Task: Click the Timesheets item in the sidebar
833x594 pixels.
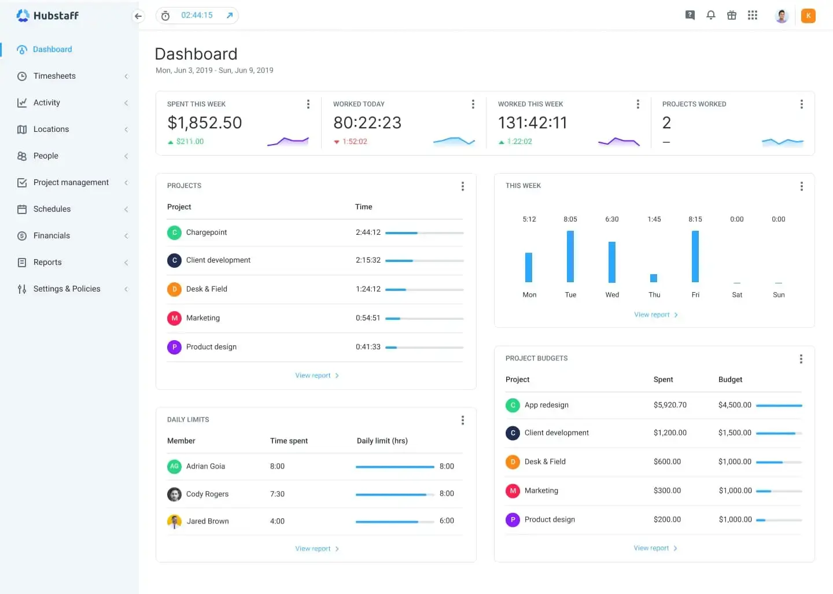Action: pos(54,76)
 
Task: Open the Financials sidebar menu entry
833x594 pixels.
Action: pos(51,235)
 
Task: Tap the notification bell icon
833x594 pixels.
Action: pos(711,16)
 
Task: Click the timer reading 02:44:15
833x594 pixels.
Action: pos(197,16)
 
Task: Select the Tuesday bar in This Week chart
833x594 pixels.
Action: pos(570,256)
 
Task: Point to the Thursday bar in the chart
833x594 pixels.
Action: pos(654,278)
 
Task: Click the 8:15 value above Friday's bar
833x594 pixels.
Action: pos(695,219)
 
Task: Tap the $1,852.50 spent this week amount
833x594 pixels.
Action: pos(205,123)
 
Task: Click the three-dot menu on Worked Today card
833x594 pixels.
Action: pos(473,104)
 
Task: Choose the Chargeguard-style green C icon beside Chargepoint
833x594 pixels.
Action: pos(174,233)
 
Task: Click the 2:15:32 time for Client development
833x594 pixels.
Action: pos(368,260)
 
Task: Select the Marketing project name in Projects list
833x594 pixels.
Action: pos(203,318)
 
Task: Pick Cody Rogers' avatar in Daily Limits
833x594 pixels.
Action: pos(174,495)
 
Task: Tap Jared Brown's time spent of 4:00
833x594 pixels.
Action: pos(277,521)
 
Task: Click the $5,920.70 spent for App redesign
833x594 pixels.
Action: pos(670,405)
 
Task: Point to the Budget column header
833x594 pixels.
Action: pos(730,379)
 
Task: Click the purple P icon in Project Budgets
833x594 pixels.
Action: pos(513,520)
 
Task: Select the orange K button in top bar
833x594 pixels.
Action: pos(808,16)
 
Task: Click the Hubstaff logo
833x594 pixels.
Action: pos(47,16)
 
